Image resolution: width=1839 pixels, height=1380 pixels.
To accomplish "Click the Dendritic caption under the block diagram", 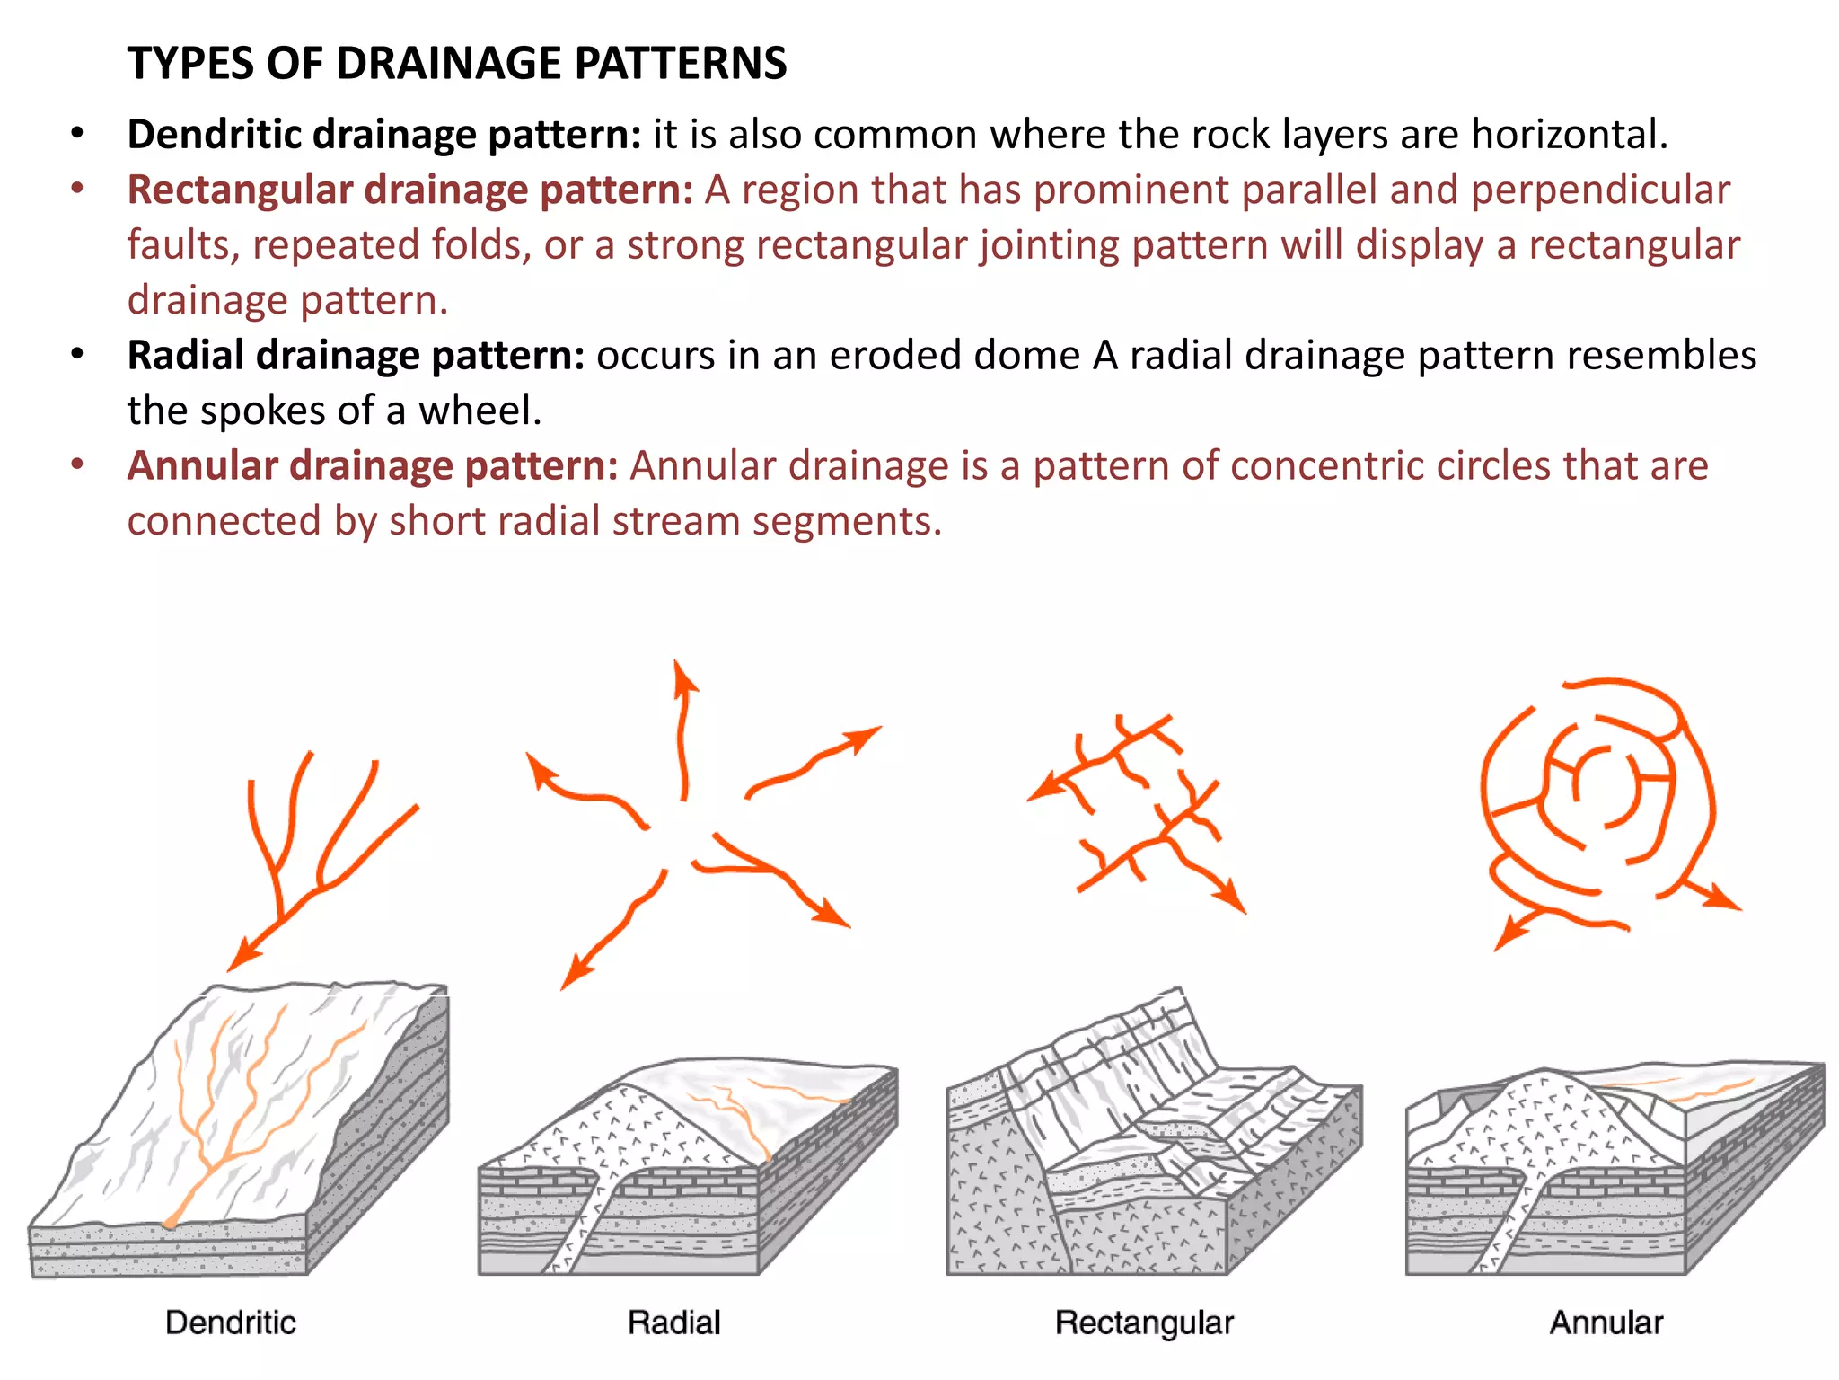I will (x=231, y=1322).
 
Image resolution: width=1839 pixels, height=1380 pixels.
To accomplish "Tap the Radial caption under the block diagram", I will (x=674, y=1322).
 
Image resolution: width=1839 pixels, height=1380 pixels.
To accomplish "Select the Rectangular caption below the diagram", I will (x=1144, y=1323).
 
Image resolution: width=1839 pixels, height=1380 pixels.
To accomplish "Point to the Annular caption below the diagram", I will (x=1606, y=1322).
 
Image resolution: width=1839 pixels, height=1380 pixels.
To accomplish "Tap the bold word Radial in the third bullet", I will (x=185, y=356).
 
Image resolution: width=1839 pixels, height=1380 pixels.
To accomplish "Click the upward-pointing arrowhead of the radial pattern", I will (x=685, y=676).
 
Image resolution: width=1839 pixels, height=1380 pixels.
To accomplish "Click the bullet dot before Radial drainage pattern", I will (x=78, y=355).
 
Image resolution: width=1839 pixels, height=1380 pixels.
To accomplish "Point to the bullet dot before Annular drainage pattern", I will (x=78, y=465).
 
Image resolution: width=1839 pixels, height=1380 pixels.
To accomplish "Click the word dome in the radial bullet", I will (x=1026, y=356).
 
